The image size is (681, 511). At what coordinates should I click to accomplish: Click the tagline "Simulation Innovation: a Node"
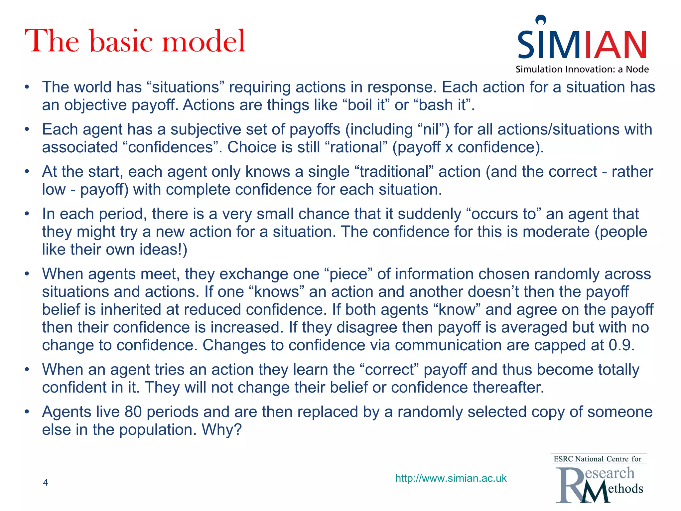point(582,69)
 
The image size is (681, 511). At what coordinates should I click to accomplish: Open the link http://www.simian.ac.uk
point(451,478)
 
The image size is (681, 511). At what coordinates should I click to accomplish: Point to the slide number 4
point(46,482)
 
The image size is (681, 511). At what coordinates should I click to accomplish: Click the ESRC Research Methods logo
point(599,479)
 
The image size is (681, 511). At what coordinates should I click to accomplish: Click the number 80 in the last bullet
point(133,412)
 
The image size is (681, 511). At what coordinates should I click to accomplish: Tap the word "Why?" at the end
point(221,429)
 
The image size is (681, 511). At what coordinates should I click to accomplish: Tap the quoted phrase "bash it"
point(442,105)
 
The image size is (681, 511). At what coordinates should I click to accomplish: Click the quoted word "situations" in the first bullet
point(188,87)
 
